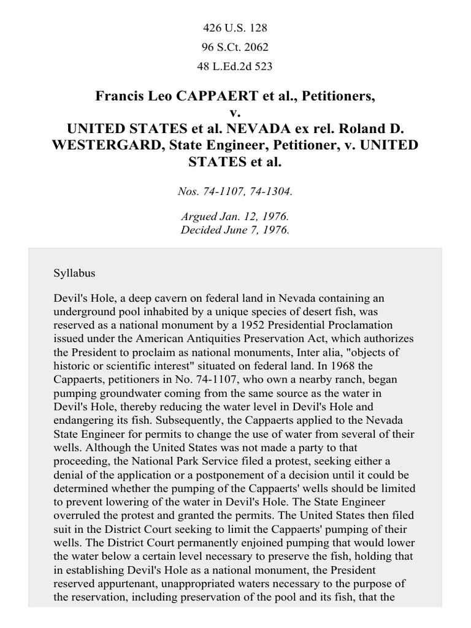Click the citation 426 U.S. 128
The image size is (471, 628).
click(235, 28)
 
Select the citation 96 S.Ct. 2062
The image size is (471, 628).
click(235, 47)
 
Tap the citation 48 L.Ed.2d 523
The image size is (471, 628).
click(235, 66)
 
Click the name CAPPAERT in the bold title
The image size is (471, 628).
click(205, 97)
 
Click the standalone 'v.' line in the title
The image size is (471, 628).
click(235, 113)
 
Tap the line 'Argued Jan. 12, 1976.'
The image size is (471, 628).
click(235, 218)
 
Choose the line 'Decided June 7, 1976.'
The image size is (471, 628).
click(235, 231)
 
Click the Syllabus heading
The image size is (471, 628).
click(74, 272)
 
